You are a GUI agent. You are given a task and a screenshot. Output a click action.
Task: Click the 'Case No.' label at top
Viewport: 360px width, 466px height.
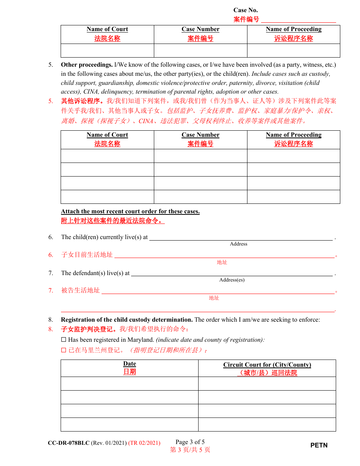(x=246, y=10)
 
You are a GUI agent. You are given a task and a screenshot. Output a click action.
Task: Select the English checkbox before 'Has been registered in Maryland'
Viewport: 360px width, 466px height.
(x=64, y=340)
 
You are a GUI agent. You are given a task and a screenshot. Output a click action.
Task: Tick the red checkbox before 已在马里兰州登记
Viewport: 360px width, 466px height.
(x=64, y=350)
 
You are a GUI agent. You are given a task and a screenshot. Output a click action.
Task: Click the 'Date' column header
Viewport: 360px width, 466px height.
(x=130, y=364)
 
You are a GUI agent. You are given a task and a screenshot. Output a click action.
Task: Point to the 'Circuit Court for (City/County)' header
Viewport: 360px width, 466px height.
(x=267, y=365)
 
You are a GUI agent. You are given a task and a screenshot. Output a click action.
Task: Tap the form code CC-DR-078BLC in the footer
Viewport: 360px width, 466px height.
(x=69, y=443)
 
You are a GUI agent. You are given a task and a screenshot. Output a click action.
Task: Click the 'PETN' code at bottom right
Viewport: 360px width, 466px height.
(x=319, y=445)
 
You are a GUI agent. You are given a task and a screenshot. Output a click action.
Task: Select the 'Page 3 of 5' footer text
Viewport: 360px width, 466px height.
(x=190, y=442)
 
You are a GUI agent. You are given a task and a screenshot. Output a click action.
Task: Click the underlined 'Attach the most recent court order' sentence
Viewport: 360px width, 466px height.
(x=130, y=211)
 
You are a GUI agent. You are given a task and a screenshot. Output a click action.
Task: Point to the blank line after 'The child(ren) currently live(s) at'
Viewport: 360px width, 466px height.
(x=241, y=238)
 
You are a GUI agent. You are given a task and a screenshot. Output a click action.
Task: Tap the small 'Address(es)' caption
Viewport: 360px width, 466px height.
(x=232, y=280)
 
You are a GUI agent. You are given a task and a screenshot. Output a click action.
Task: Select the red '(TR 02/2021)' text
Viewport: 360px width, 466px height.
(x=144, y=443)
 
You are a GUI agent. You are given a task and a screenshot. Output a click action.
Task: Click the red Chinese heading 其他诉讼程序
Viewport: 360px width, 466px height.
(x=83, y=101)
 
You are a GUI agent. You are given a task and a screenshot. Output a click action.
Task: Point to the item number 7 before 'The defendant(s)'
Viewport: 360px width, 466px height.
(x=51, y=273)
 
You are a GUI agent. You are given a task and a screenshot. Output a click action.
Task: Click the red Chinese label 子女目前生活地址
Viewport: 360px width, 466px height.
(x=87, y=255)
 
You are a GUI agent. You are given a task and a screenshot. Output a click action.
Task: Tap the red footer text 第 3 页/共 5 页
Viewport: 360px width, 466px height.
(x=190, y=450)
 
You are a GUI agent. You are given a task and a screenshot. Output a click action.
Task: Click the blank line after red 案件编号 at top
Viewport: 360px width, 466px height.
(x=298, y=20)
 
